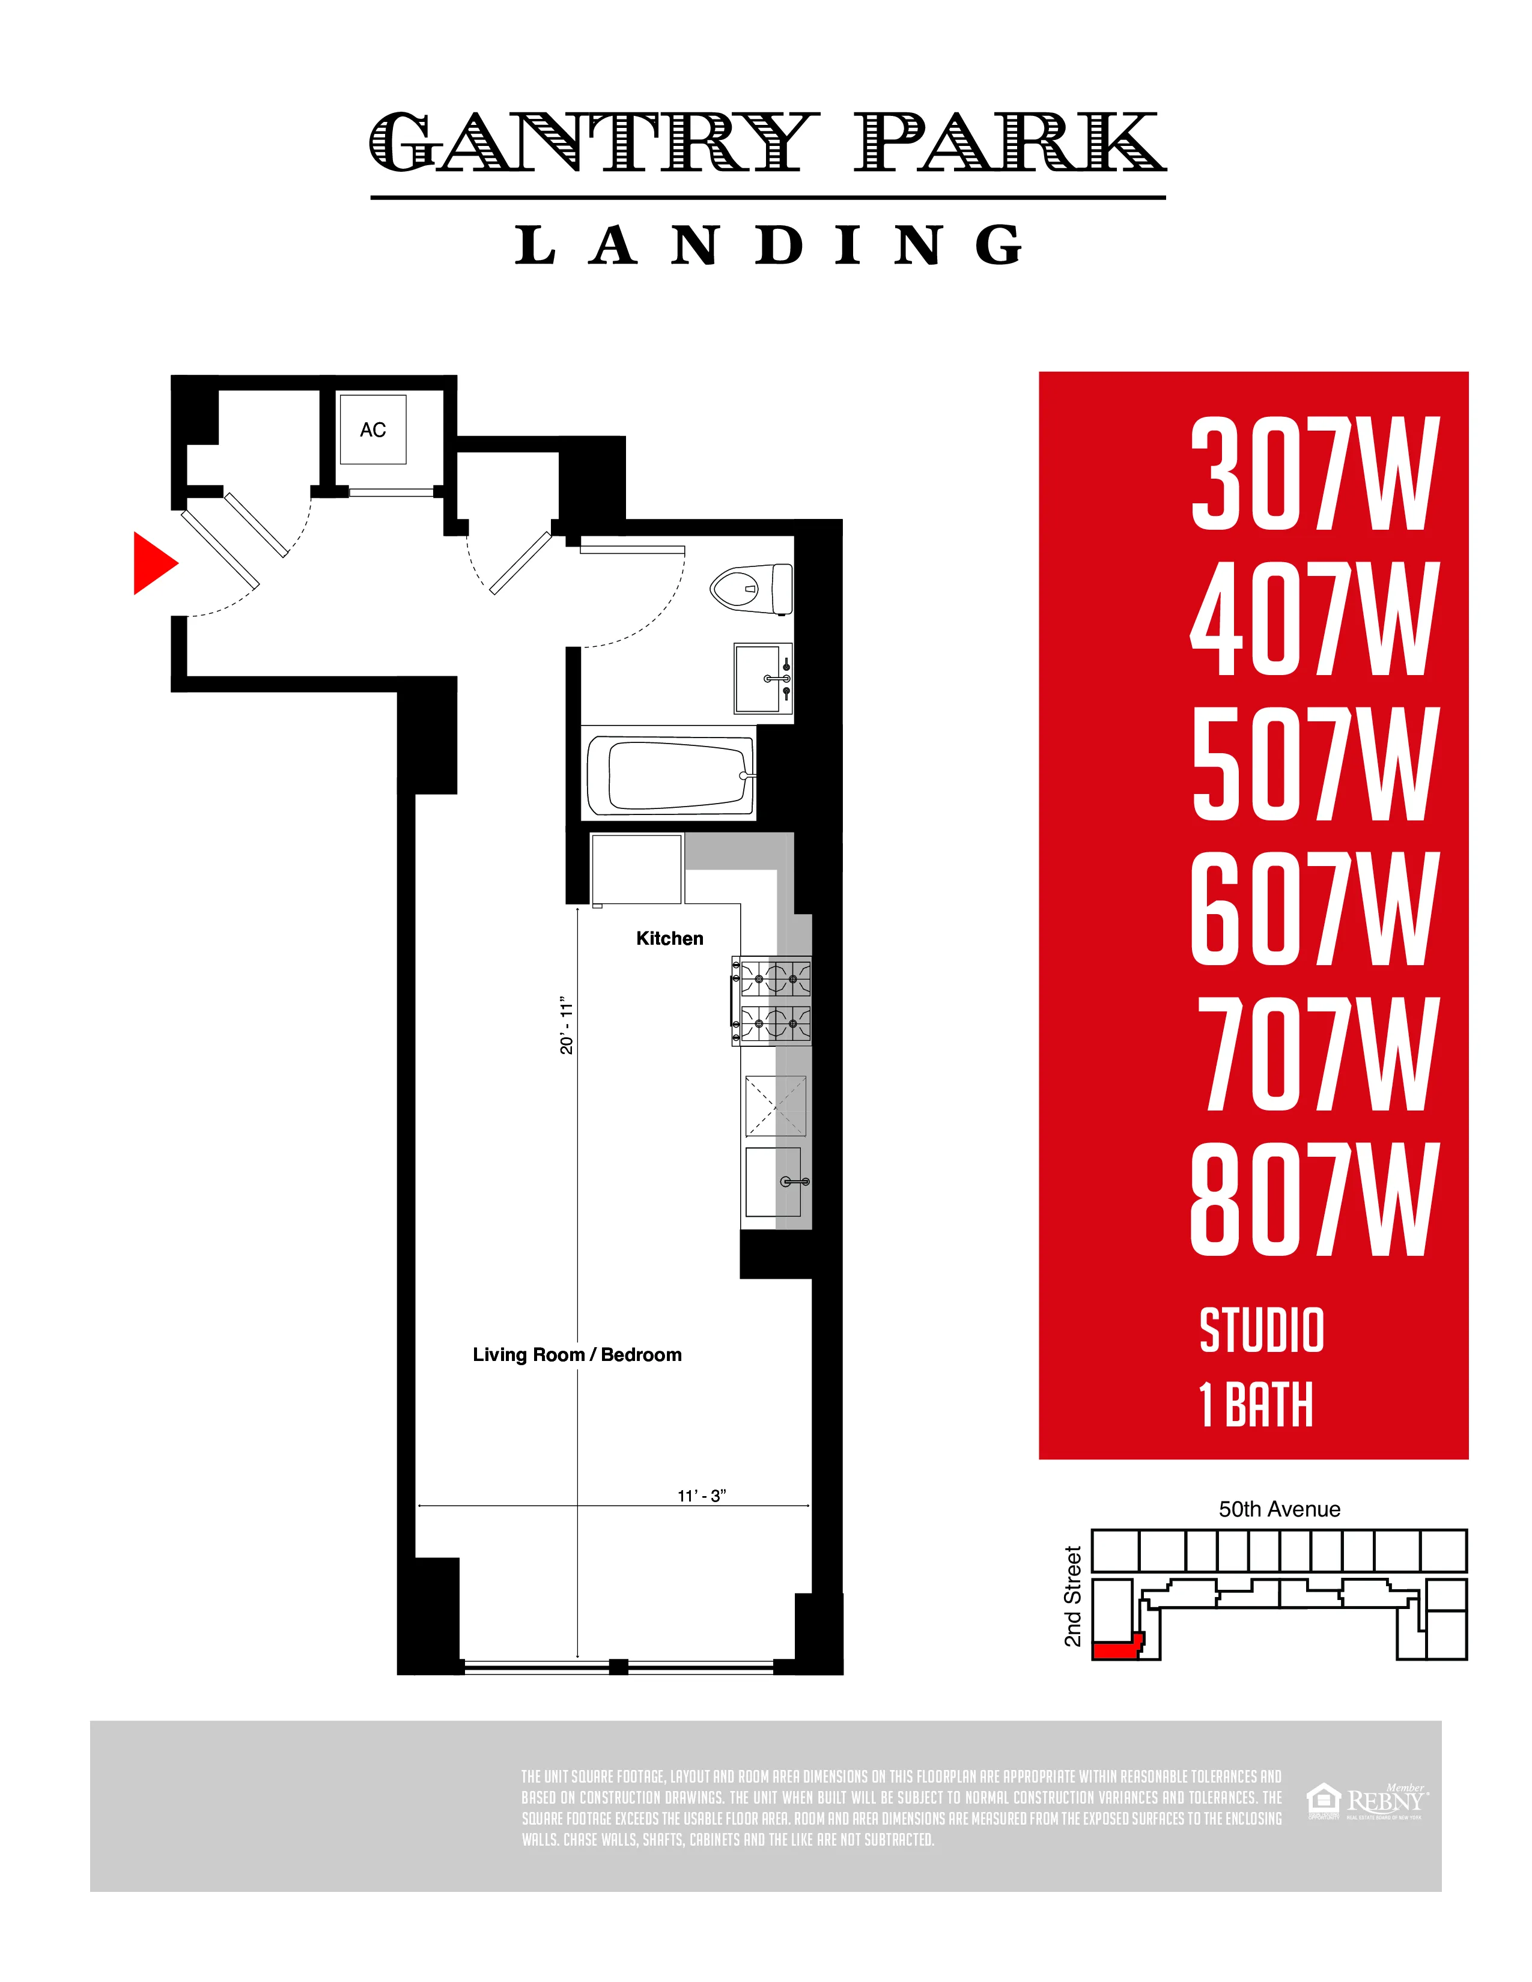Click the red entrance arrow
153,563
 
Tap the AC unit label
373,429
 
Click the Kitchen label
670,938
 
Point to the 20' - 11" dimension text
567,1026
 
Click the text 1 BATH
1256,1405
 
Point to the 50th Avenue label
1279,1509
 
